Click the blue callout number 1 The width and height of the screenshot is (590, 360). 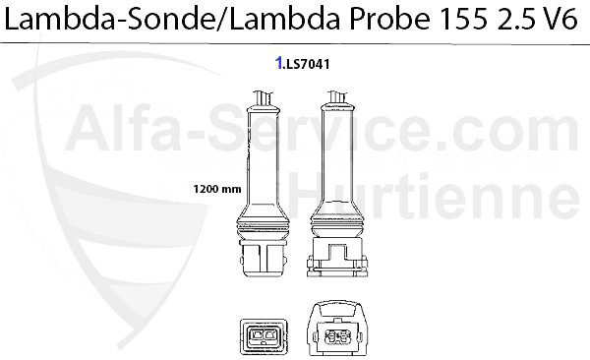pos(279,63)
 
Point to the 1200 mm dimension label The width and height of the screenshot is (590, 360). pos(217,188)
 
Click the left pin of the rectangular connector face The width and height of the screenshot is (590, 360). pos(258,334)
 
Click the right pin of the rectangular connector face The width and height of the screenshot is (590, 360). pos(269,334)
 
